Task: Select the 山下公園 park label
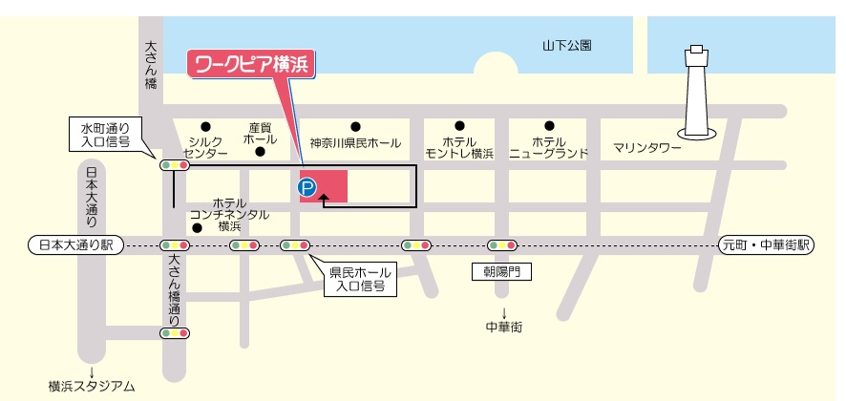tap(567, 45)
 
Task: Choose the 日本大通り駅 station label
tap(71, 245)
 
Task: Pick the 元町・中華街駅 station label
tap(765, 245)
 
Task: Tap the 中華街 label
tap(503, 327)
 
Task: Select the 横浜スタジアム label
tap(92, 387)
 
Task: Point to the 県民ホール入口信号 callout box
tap(356, 279)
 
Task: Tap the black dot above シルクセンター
tap(205, 126)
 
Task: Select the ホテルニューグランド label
tap(548, 146)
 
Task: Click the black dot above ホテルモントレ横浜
tap(459, 126)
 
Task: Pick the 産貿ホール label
tap(261, 133)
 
